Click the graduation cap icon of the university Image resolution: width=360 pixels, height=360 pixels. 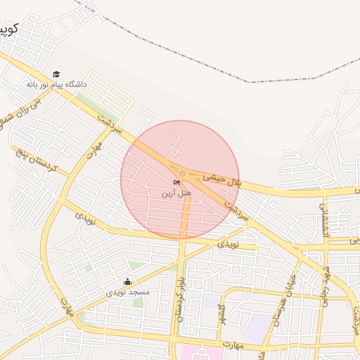pyautogui.click(x=56, y=75)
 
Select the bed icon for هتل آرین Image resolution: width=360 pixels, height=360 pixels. pyautogui.click(x=176, y=184)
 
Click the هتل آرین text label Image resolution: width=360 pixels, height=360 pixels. pyautogui.click(x=176, y=193)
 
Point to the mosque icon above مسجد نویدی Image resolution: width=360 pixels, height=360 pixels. pyautogui.click(x=127, y=282)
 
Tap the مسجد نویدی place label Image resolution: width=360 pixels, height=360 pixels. pyautogui.click(x=128, y=292)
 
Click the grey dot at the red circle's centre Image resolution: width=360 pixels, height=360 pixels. pyautogui.click(x=182, y=173)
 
